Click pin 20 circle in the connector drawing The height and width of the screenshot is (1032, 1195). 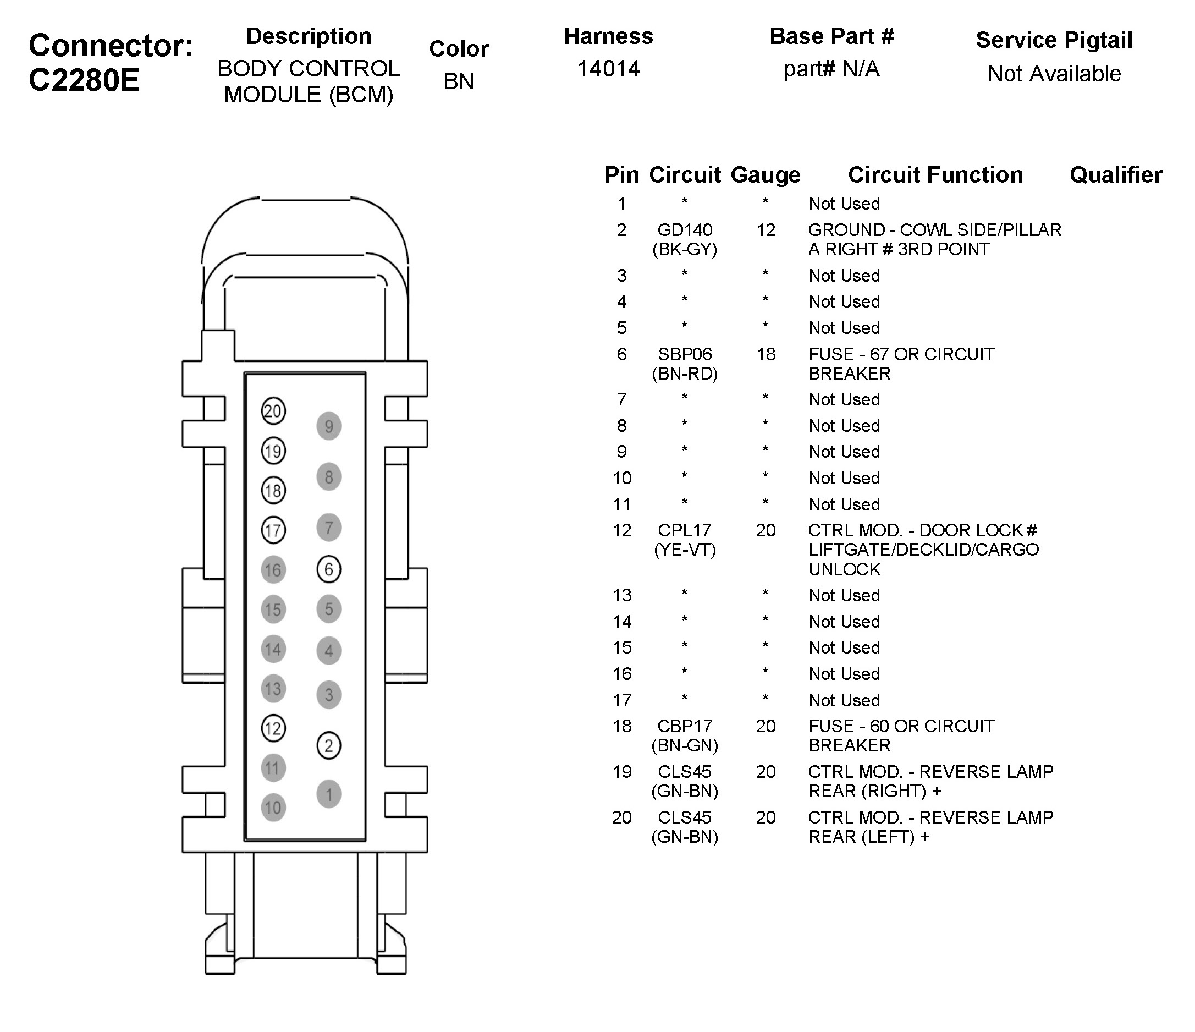click(273, 411)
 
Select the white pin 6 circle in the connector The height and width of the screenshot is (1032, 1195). click(329, 569)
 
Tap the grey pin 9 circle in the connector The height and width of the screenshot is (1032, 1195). click(329, 426)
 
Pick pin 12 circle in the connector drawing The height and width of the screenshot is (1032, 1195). click(273, 728)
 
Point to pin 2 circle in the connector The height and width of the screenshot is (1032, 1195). click(329, 745)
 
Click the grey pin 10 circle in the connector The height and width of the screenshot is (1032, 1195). click(273, 807)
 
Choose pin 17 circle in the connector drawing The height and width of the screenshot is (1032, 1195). click(273, 530)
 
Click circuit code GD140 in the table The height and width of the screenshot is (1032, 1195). click(685, 230)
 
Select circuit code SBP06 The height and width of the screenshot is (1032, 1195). click(685, 354)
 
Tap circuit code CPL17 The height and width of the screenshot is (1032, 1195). click(685, 530)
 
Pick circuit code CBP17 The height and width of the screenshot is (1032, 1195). click(685, 726)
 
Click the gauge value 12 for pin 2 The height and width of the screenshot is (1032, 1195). click(766, 230)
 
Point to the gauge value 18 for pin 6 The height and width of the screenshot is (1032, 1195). click(766, 354)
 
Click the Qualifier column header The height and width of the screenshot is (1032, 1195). click(1115, 175)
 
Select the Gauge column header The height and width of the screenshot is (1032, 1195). click(766, 175)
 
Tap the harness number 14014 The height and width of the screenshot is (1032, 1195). click(608, 69)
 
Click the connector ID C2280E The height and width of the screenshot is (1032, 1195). click(84, 80)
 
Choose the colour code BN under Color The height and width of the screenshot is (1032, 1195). click(459, 81)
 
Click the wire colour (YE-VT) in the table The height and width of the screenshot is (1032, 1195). click(685, 550)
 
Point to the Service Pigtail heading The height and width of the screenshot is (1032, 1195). click(1054, 40)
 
